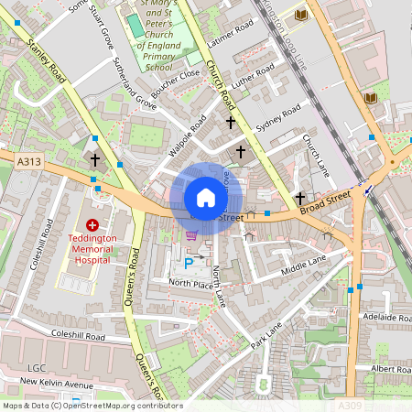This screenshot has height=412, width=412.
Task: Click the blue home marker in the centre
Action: pyautogui.click(x=206, y=198)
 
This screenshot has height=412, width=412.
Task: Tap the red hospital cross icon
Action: pyautogui.click(x=92, y=224)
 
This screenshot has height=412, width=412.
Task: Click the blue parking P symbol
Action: pyautogui.click(x=190, y=264)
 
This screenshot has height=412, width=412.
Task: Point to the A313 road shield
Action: pyautogui.click(x=28, y=161)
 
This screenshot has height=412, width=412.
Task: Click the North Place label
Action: pyautogui.click(x=190, y=284)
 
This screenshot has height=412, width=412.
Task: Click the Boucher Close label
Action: pyautogui.click(x=174, y=85)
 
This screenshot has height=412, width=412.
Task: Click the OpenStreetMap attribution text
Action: pyautogui.click(x=92, y=406)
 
